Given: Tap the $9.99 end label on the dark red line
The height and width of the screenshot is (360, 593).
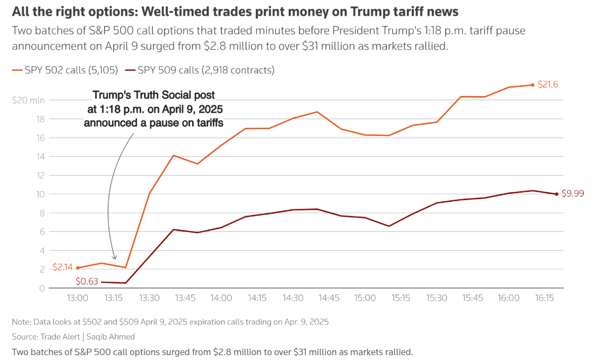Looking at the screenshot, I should pyautogui.click(x=572, y=193).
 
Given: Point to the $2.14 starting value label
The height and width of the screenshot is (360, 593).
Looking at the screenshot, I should pyautogui.click(x=62, y=267).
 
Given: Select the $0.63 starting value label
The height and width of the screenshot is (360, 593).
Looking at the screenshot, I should pyautogui.click(x=87, y=281).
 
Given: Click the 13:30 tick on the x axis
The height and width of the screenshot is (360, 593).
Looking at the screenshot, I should pyautogui.click(x=149, y=298).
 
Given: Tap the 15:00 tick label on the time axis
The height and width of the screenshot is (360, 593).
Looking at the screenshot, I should pyautogui.click(x=365, y=298).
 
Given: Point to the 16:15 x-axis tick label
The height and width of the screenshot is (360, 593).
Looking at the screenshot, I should pyautogui.click(x=544, y=298).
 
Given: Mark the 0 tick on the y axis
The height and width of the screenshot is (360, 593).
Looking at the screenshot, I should pyautogui.click(x=42, y=288).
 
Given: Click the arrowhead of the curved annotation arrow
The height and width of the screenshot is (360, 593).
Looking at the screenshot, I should pyautogui.click(x=114, y=257).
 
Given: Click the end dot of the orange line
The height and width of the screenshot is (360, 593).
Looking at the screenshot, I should pyautogui.click(x=533, y=85).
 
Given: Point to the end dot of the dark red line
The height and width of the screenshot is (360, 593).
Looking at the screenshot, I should pyautogui.click(x=556, y=194).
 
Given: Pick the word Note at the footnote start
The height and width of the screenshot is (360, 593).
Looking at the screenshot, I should pyautogui.click(x=21, y=322).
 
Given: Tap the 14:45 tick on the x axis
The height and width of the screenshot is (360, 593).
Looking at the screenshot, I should pyautogui.click(x=329, y=298).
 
